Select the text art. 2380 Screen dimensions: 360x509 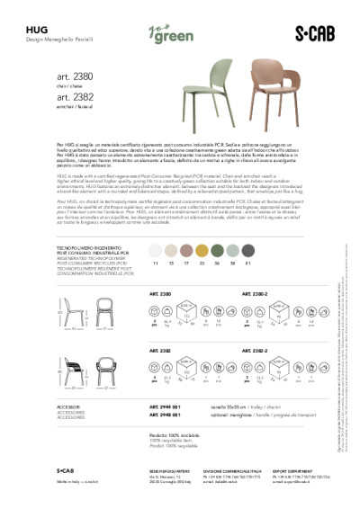[76, 76]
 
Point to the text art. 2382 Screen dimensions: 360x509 [76, 97]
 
